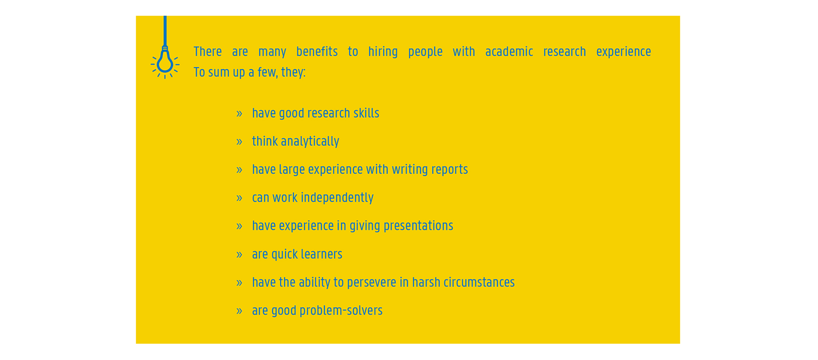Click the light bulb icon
pyautogui.click(x=165, y=61)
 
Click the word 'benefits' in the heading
pyautogui.click(x=317, y=52)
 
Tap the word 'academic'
pyautogui.click(x=509, y=52)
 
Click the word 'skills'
pyautogui.click(x=366, y=113)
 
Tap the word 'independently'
pyautogui.click(x=337, y=198)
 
